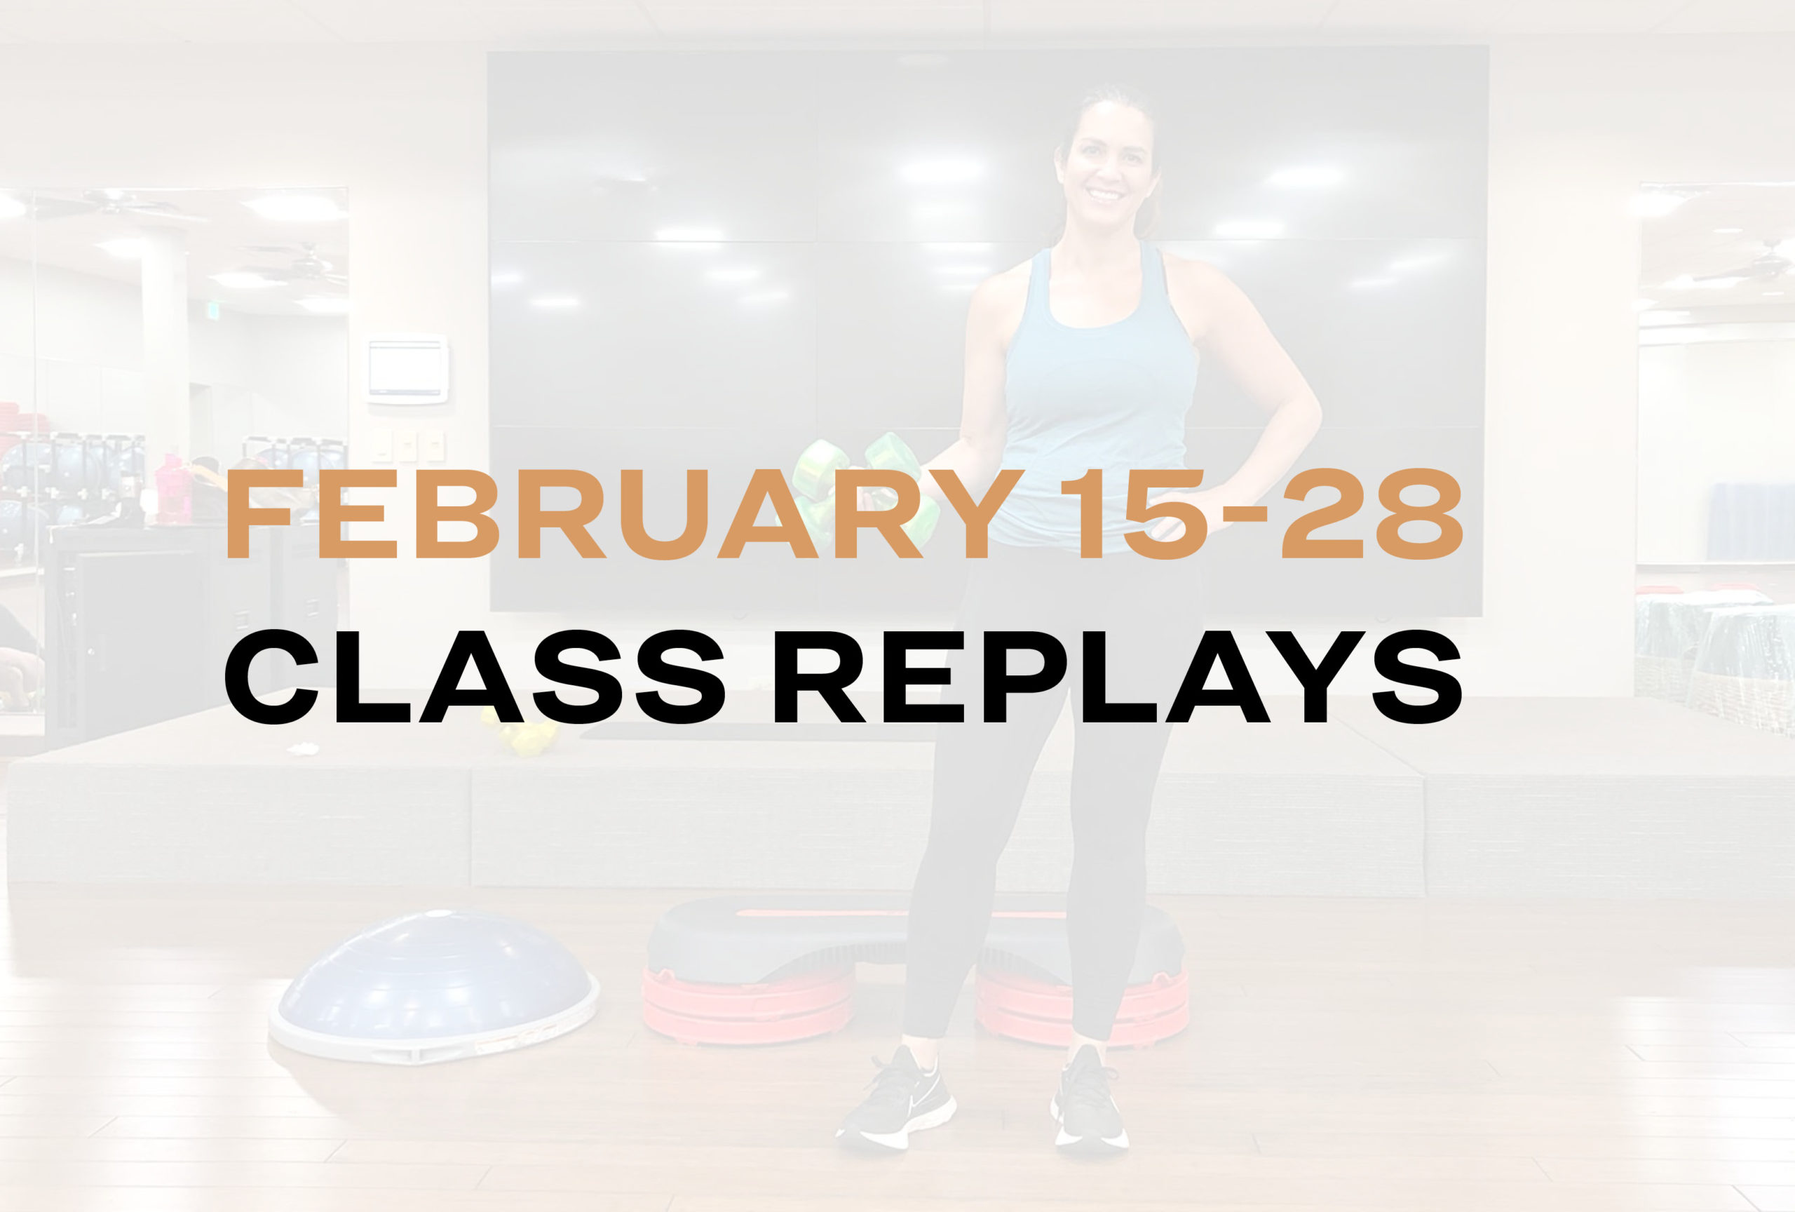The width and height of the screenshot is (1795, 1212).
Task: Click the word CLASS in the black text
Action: coord(474,677)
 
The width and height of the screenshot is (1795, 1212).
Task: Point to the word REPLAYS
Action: coord(1118,677)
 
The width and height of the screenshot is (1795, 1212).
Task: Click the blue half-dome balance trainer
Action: coord(434,985)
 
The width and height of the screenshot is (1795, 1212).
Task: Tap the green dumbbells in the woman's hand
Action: coord(865,487)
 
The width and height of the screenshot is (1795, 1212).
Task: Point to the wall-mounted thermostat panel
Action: coord(407,369)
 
